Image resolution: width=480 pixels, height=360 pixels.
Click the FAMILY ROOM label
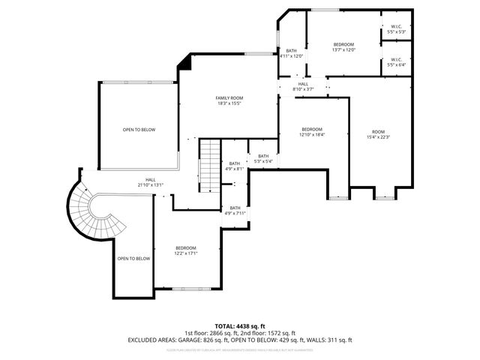[229, 98]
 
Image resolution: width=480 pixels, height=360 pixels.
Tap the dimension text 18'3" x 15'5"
[229, 103]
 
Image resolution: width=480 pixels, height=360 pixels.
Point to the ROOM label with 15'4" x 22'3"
[378, 132]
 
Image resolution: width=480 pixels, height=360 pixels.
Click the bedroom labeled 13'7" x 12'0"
[343, 46]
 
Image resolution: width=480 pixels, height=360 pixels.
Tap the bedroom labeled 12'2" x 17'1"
[185, 250]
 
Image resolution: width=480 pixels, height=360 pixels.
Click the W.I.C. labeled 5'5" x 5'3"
[396, 30]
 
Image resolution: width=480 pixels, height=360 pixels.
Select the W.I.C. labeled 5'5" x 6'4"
[396, 62]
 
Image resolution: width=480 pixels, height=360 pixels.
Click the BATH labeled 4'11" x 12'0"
[291, 53]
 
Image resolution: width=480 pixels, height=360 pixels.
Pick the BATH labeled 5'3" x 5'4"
[263, 158]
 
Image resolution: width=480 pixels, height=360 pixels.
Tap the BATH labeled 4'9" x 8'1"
[235, 166]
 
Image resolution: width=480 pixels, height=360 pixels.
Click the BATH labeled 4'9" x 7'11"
[235, 210]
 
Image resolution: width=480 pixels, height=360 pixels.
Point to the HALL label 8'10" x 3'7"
[303, 86]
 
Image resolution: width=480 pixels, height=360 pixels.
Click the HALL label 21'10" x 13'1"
[150, 181]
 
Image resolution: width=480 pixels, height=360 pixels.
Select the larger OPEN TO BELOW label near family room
[139, 130]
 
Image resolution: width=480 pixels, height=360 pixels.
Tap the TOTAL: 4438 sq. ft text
[239, 325]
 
